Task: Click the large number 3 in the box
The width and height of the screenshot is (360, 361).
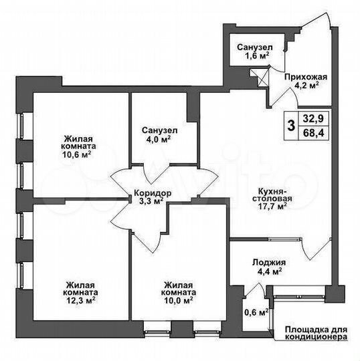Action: coord(290,125)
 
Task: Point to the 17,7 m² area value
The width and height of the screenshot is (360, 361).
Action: coord(274,207)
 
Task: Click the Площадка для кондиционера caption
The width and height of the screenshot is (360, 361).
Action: coord(316,334)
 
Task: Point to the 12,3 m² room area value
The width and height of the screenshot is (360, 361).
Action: coord(74,300)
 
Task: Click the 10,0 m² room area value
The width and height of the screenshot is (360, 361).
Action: coord(179,300)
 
